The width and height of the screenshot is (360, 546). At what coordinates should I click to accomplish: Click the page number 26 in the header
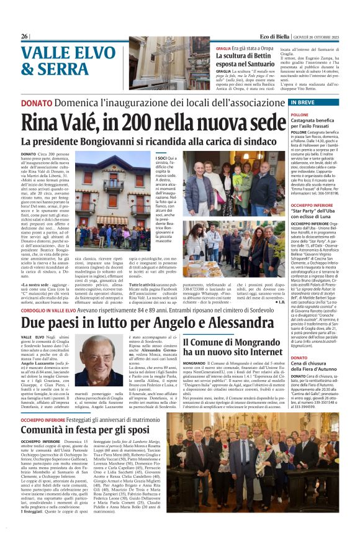click(x=24, y=37)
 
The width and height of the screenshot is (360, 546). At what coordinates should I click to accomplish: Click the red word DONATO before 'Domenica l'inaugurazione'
click(x=37, y=102)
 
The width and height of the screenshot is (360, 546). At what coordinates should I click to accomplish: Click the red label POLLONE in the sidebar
click(x=317, y=114)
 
